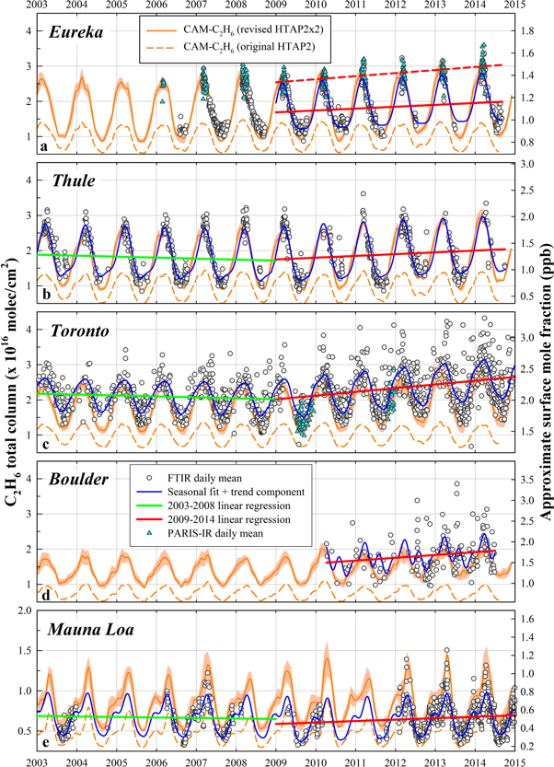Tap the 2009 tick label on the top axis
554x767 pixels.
[x=276, y=7]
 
